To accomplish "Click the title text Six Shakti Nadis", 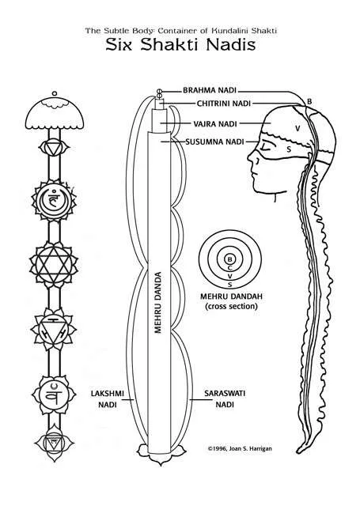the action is [180, 44].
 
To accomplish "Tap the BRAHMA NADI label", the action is [210, 90].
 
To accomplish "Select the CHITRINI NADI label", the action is [223, 104].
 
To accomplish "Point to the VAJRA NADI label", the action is [215, 123].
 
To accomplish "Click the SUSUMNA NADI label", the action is [214, 142].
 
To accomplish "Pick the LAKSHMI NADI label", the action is [107, 398].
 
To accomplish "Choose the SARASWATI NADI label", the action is [225, 398].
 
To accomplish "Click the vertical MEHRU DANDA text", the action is [158, 302].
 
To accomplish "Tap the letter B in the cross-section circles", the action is [230, 259].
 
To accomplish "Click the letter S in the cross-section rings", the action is [230, 285].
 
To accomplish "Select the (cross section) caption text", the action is [231, 306].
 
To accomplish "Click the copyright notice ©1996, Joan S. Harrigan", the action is [240, 448].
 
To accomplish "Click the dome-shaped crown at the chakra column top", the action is [55, 113].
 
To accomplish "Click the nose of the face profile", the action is [251, 158].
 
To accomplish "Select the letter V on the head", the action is [297, 128].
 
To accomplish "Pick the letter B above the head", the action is [309, 101].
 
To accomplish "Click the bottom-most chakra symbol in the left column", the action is [54, 443].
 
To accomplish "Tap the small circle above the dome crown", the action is [55, 93].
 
